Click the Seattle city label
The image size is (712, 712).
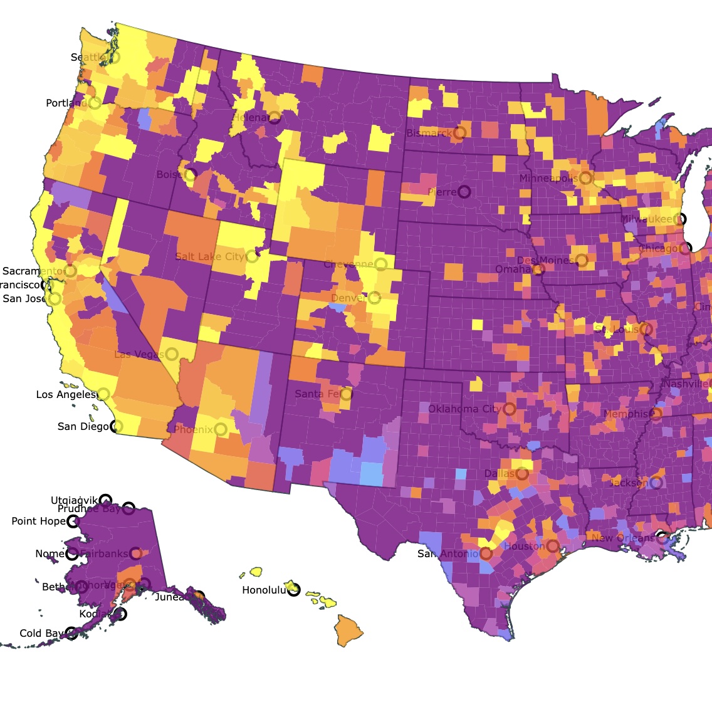[88, 57]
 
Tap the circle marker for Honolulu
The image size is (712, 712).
[293, 590]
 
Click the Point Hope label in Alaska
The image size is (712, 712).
[38, 521]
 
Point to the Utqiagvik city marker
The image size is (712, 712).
[106, 500]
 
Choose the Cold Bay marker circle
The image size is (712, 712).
[71, 633]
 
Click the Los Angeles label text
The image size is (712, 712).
[66, 394]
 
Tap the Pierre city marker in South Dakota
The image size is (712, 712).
[464, 192]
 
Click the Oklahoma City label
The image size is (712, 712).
[464, 409]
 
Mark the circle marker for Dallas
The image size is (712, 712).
[521, 474]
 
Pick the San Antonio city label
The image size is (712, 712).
[448, 553]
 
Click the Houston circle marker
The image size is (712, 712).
[552, 546]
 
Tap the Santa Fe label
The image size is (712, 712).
[317, 394]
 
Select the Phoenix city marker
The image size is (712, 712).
[220, 429]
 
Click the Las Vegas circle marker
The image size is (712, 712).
[171, 354]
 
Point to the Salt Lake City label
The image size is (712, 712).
[210, 256]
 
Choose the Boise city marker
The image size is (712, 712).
[191, 174]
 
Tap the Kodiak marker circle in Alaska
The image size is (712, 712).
[120, 614]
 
